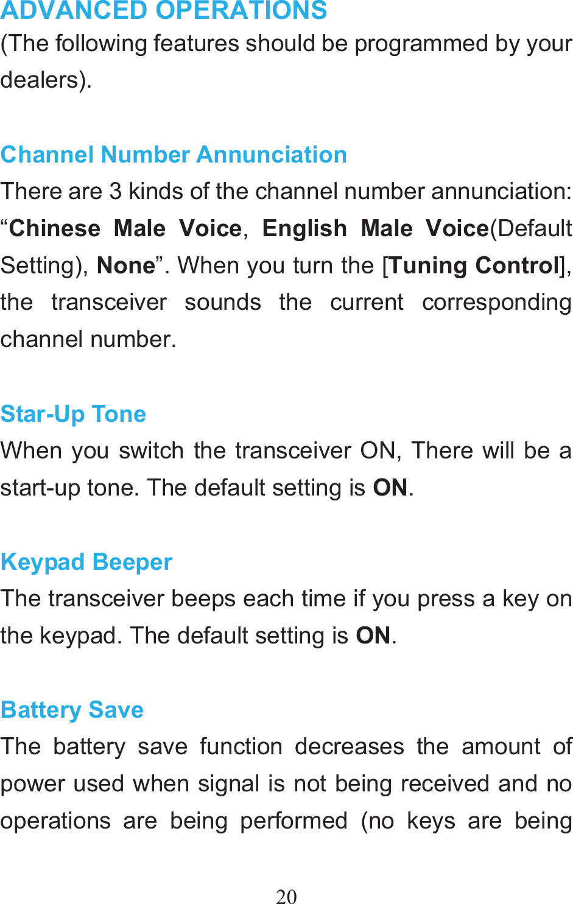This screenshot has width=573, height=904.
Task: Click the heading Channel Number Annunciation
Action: (174, 155)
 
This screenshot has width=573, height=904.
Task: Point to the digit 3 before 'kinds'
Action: (115, 192)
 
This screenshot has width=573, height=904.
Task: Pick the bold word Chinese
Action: (55, 229)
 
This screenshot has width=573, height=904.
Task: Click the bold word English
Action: (304, 229)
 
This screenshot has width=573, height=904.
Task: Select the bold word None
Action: (126, 266)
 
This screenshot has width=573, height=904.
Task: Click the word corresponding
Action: (496, 303)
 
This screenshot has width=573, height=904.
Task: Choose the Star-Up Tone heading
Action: (73, 415)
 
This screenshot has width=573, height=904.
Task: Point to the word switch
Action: (151, 451)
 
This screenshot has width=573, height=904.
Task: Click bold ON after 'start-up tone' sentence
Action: (390, 488)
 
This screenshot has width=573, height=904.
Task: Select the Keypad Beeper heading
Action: (86, 562)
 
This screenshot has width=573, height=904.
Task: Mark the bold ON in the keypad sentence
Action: (373, 636)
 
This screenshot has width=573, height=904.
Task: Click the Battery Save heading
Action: (72, 710)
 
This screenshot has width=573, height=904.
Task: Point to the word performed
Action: (294, 821)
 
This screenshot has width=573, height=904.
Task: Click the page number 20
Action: (286, 897)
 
